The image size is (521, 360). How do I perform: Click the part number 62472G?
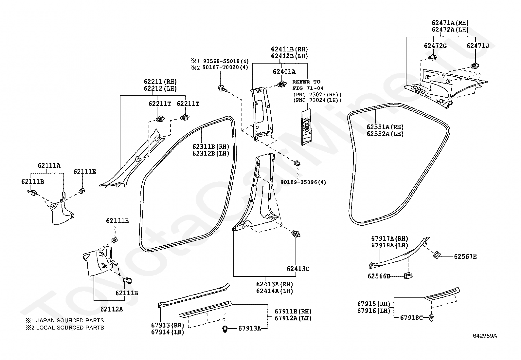435,46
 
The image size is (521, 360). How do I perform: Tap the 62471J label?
478,46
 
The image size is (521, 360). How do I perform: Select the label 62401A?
284,72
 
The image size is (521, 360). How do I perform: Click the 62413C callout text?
298,269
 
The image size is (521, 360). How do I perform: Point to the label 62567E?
465,256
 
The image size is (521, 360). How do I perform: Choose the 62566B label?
379,276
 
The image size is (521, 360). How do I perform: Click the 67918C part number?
411,318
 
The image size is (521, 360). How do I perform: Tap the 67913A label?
250,328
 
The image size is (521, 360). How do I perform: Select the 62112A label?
112,309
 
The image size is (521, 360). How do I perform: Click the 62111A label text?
49,165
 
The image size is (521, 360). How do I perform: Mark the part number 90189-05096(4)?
303,182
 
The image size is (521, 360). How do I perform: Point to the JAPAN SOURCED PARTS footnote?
65,320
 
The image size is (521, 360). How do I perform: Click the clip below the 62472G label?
433,57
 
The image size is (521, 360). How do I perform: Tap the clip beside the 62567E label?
437,255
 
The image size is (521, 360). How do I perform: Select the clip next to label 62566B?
408,275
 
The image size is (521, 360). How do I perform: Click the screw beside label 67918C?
431,318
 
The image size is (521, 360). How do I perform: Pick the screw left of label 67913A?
225,329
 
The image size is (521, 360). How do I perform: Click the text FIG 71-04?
308,88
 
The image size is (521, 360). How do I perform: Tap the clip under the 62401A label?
282,84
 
